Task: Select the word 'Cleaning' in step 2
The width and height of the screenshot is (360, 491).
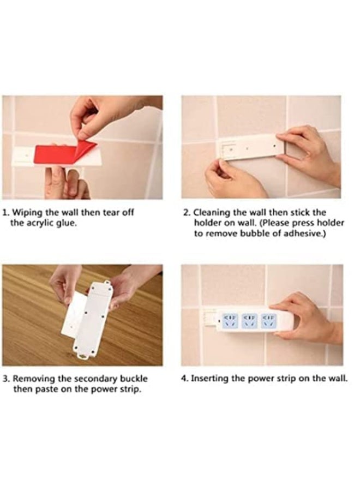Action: pyautogui.click(x=209, y=212)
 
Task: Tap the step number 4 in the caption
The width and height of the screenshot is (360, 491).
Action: pyautogui.click(x=184, y=378)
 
